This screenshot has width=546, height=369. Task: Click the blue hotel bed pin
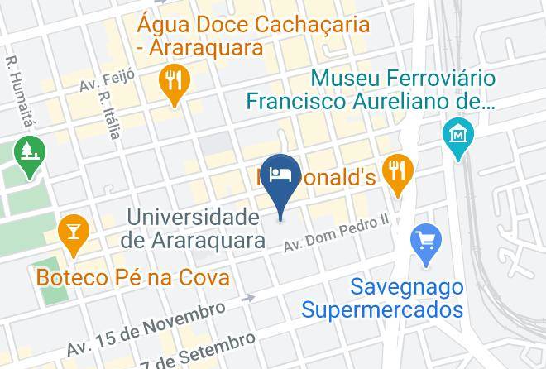point(280,176)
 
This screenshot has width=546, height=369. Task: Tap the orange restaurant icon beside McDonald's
point(399,171)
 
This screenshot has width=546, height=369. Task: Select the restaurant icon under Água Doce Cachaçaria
point(175,82)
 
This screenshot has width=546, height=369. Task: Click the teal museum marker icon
point(457,133)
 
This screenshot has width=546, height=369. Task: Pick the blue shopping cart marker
point(427,242)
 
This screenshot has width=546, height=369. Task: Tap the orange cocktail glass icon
point(74,231)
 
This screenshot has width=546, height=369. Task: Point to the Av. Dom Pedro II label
point(336,233)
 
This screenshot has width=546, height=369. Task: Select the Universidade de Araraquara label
point(193,229)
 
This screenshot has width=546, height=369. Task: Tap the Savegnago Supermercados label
point(381,299)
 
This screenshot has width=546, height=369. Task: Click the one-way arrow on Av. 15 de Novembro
point(246,298)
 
